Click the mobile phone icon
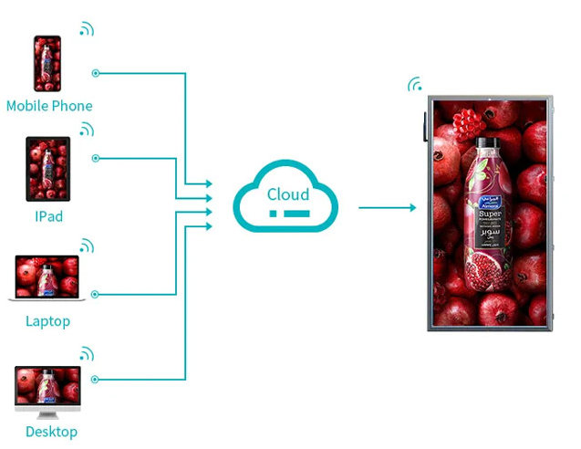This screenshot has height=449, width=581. click(x=47, y=64)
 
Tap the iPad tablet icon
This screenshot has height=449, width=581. click(x=47, y=169)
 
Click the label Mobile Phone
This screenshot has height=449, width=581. click(x=49, y=106)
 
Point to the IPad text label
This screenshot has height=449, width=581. click(x=48, y=217)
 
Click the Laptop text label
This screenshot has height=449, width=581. click(x=47, y=321)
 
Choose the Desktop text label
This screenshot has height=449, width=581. click(x=51, y=432)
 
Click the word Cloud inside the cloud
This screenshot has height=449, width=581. click(x=287, y=193)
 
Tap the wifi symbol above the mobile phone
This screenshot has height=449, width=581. click(x=86, y=30)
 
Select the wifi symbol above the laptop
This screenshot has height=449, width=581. click(x=86, y=245)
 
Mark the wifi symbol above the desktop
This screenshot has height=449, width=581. click(x=86, y=353)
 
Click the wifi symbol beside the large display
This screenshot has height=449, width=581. click(x=415, y=86)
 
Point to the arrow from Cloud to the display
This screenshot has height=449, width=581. click(x=387, y=208)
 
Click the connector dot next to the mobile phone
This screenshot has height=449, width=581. click(x=96, y=74)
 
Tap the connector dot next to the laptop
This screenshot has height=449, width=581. click(x=96, y=294)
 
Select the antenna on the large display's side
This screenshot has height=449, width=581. click(x=425, y=127)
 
